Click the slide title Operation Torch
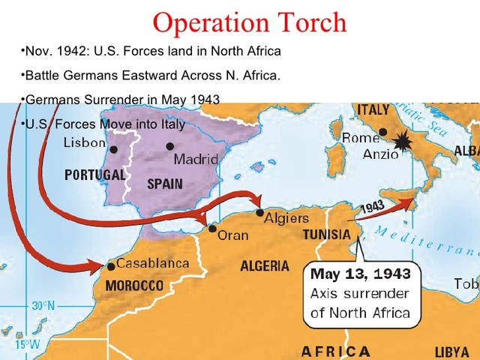pyautogui.click(x=250, y=22)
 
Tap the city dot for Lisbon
pyautogui.click(x=114, y=149)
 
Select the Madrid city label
pyautogui.click(x=196, y=160)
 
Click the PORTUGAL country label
pyautogui.click(x=94, y=175)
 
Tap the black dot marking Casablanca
pyautogui.click(x=111, y=266)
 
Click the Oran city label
pyautogui.click(x=232, y=235)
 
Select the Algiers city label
pyautogui.click(x=286, y=218)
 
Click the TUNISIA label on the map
pyautogui.click(x=326, y=235)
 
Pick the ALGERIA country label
pyautogui.click(x=265, y=266)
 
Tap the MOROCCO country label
pyautogui.click(x=134, y=286)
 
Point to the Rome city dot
pyautogui.click(x=383, y=132)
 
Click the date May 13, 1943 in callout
pyautogui.click(x=361, y=274)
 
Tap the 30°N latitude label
pyautogui.click(x=43, y=306)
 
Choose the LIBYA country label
pyautogui.click(x=452, y=352)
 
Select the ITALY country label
pyautogui.click(x=373, y=109)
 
